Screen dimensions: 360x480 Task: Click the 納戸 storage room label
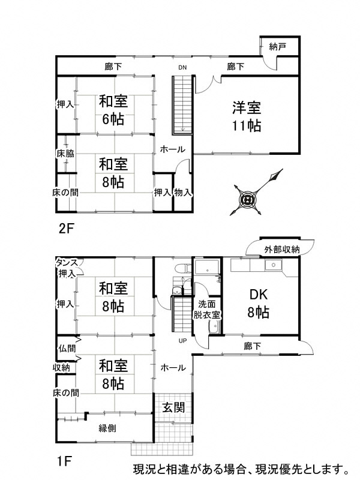(278, 47)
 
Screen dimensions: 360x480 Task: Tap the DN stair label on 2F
(182, 68)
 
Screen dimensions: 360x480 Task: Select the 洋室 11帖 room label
(247, 116)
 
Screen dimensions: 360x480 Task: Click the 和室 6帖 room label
(113, 110)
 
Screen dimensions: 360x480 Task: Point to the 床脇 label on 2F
(65, 154)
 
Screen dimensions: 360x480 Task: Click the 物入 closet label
(183, 193)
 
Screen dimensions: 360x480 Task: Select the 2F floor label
(67, 229)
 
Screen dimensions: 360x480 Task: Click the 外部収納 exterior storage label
(281, 250)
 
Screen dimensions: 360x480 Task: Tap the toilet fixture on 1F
(182, 268)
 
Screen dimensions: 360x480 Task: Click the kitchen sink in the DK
(274, 265)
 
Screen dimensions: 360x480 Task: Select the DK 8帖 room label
(258, 304)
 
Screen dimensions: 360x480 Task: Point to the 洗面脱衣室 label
(206, 310)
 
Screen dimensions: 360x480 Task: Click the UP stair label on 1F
(182, 341)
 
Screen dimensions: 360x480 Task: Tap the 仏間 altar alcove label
(67, 348)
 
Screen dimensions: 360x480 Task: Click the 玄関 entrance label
(173, 407)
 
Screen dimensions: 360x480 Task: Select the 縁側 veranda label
(107, 428)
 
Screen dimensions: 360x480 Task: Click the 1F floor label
(65, 461)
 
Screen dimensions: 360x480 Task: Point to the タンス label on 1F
(67, 262)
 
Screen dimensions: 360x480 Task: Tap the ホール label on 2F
(173, 149)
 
